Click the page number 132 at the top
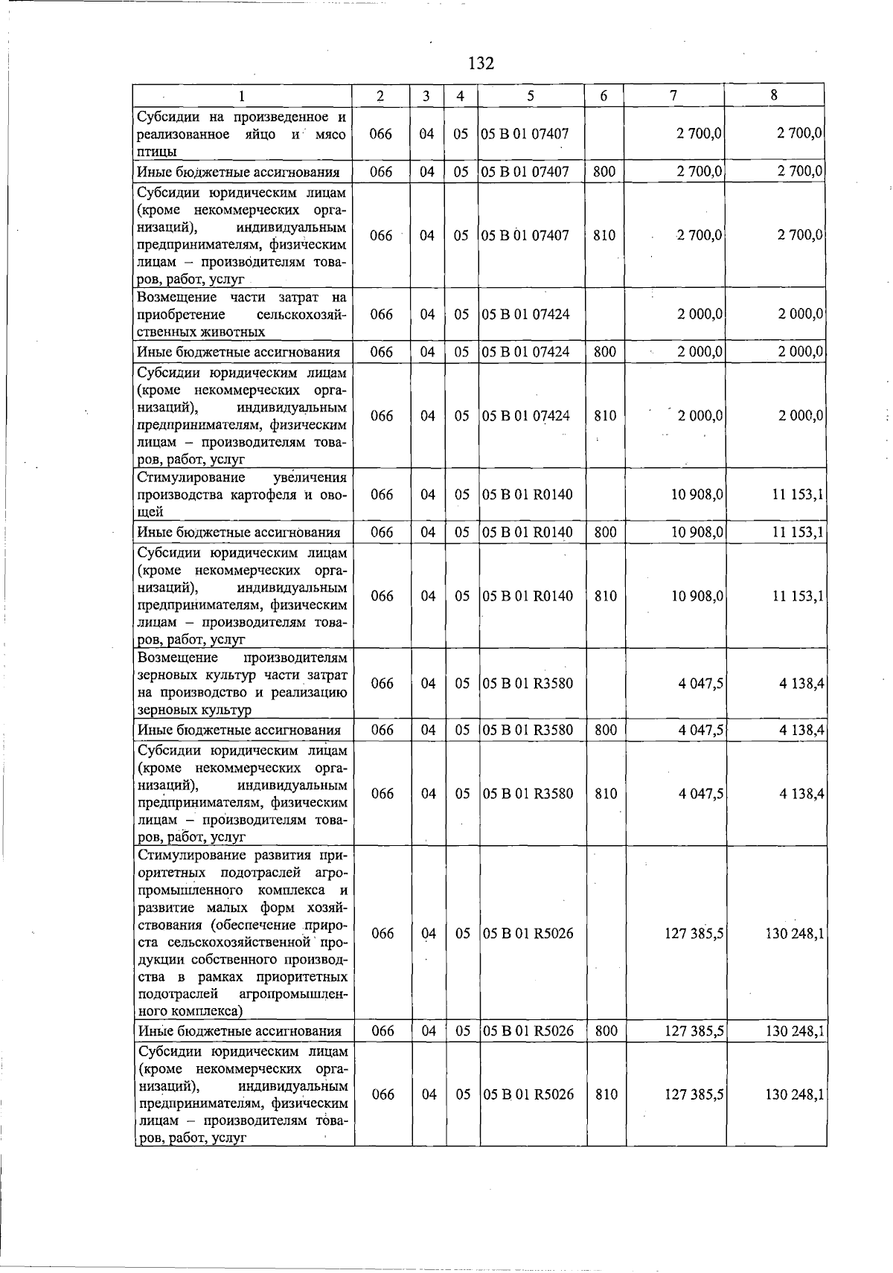(x=481, y=63)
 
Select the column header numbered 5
(x=530, y=95)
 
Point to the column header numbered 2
(x=380, y=95)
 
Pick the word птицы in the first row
(x=156, y=152)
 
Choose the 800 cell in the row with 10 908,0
(x=605, y=532)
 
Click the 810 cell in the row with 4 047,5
(x=606, y=794)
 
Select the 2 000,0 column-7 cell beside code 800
(x=700, y=352)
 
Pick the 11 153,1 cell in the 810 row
(x=797, y=596)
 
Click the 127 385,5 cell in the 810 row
(x=694, y=1094)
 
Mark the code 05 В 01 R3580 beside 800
(x=528, y=730)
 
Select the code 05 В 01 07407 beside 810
(x=525, y=235)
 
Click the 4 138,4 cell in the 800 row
(x=801, y=730)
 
